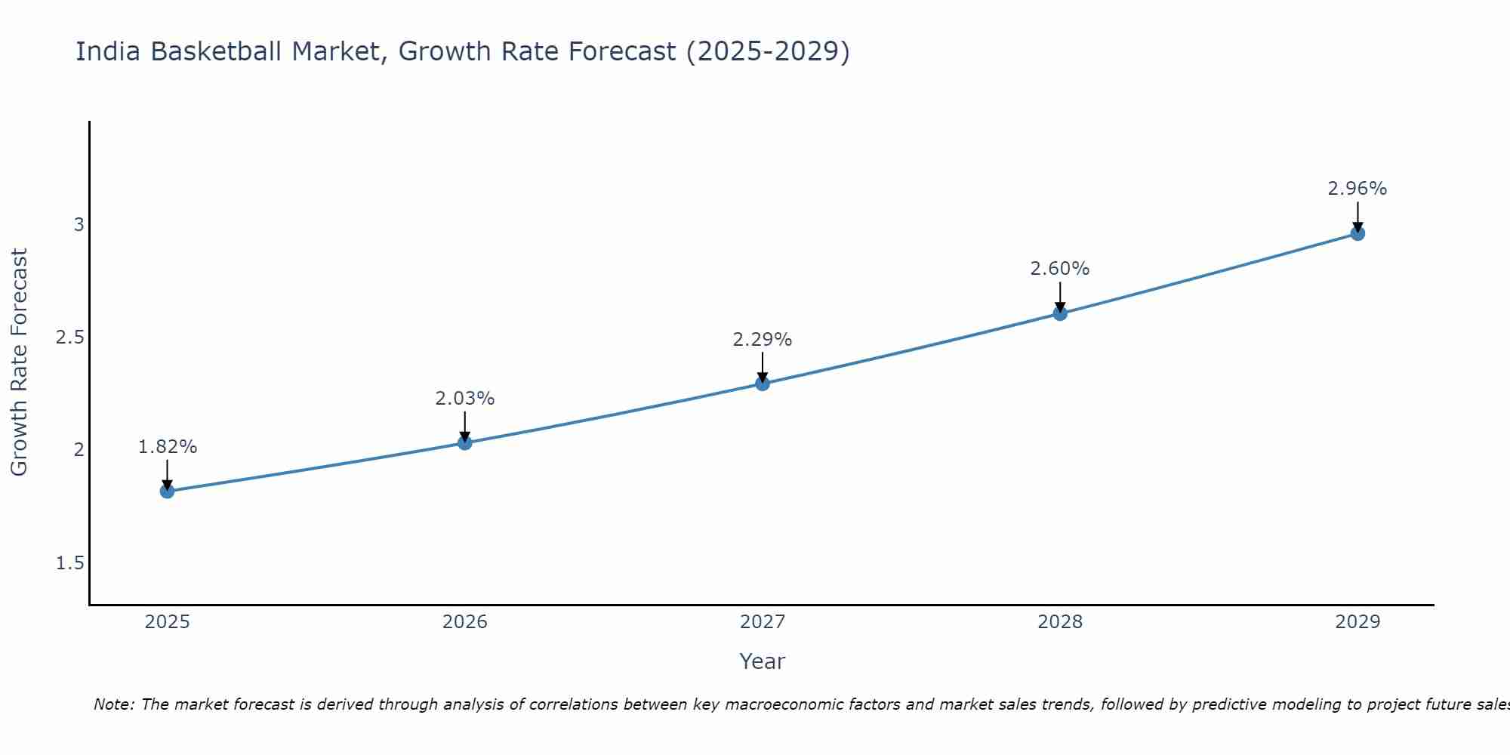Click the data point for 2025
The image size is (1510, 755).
tap(167, 492)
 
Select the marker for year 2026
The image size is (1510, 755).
tap(465, 443)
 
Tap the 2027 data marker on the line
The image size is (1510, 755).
tap(763, 384)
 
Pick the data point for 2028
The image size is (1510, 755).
tap(1060, 313)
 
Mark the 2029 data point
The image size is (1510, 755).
tap(1357, 233)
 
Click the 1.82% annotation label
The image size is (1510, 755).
tap(167, 447)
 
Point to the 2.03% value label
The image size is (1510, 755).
tap(465, 399)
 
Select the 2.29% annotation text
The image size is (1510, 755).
tap(763, 340)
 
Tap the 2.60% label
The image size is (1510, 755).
tap(1060, 269)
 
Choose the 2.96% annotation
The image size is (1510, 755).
tap(1357, 189)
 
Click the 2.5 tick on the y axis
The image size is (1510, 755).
tap(69, 337)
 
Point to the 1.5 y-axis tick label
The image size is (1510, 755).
tap(69, 563)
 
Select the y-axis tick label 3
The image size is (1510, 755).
tap(79, 225)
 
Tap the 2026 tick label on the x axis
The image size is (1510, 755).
tap(465, 622)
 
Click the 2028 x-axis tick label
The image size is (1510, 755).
tap(1060, 622)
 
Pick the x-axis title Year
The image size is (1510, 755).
tap(763, 661)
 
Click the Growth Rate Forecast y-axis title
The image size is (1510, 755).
tap(20, 362)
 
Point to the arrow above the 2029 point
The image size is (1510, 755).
tap(1357, 217)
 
